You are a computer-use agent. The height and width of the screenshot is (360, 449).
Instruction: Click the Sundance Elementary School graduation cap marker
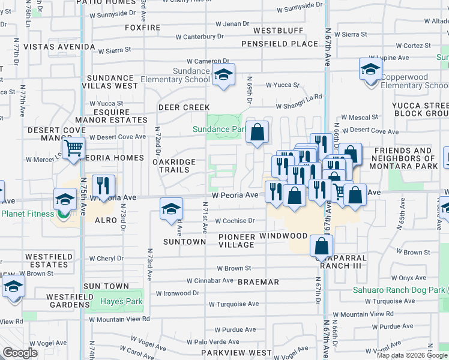224,76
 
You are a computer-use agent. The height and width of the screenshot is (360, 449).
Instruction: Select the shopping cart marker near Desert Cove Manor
73,148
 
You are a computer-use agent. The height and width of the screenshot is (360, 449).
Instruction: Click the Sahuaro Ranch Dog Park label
399,290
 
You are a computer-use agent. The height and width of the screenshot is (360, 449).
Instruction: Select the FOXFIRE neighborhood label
142,28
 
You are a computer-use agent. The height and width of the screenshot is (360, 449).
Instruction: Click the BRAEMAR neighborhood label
258,282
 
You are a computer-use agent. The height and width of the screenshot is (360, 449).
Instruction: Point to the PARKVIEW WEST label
237,353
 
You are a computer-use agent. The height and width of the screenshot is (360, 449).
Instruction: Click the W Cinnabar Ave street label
209,280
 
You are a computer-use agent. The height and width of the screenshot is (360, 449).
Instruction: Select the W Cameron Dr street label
208,61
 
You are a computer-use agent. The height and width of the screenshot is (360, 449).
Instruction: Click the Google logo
20,353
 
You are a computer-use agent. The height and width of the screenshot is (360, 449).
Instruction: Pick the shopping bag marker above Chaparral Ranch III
322,246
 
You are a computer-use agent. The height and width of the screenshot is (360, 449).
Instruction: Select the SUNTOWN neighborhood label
184,242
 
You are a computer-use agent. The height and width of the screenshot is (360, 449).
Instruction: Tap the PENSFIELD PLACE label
279,44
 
